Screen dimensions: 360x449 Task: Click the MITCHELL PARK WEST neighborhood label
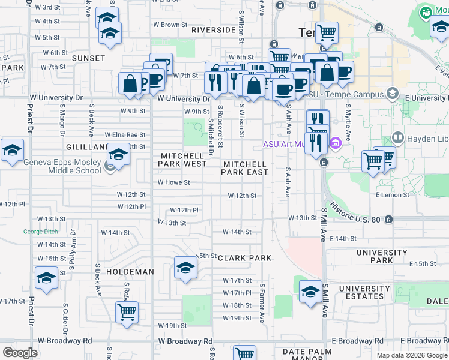click(x=183, y=160)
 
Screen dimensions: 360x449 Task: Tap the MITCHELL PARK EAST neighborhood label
click(x=244, y=168)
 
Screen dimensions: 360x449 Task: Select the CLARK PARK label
click(x=244, y=258)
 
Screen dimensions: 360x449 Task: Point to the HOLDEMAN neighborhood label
click(x=130, y=272)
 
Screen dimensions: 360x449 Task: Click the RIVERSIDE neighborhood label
click(x=213, y=29)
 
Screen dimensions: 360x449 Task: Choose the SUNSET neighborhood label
click(x=89, y=58)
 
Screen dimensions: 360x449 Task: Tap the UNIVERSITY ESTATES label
click(x=360, y=292)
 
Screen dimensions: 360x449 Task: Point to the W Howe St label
click(x=173, y=182)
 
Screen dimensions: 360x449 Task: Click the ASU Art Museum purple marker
click(x=335, y=144)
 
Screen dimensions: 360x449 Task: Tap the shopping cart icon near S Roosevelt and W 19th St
click(x=127, y=313)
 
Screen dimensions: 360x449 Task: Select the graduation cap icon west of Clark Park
click(x=186, y=268)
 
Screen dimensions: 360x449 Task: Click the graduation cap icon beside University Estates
click(x=310, y=292)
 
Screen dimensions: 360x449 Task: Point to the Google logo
click(x=20, y=353)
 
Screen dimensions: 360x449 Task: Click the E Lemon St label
click(x=393, y=195)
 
